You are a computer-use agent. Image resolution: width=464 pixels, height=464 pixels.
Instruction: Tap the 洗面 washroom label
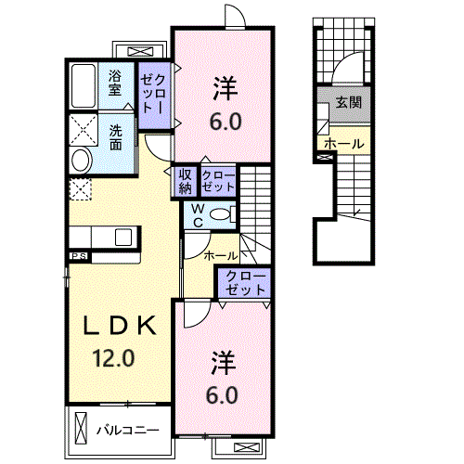(117, 136)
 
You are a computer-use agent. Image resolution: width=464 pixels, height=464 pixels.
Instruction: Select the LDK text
(121, 326)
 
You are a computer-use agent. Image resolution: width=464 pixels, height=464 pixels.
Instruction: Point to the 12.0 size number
(114, 356)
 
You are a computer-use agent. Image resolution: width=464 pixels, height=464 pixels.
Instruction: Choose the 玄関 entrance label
(349, 103)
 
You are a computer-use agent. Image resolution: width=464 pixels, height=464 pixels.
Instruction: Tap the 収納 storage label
(184, 181)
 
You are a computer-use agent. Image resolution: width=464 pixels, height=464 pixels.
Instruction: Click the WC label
(197, 214)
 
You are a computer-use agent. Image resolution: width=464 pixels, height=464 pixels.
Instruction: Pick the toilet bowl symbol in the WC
(221, 214)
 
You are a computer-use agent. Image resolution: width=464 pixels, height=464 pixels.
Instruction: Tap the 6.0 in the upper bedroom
(226, 121)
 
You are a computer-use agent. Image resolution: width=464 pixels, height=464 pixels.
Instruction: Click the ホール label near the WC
(220, 254)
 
